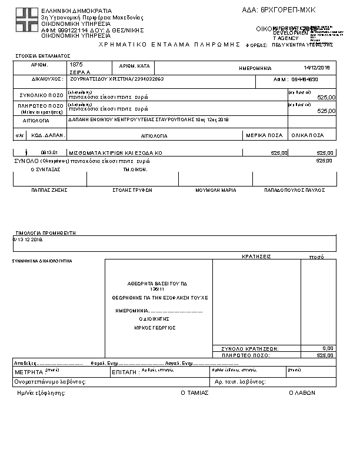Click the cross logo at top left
pos(27,21)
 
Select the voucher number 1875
pos(76,64)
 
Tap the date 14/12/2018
pos(317,68)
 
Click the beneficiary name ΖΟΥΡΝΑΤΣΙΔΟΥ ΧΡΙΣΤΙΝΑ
pos(101,78)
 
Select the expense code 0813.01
pos(49,152)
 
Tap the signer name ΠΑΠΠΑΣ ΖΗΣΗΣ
pos(49,190)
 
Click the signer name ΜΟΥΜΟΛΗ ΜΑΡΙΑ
pos(216,190)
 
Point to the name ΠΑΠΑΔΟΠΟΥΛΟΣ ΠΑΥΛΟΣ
pos(295,190)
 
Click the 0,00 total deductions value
pos(328,348)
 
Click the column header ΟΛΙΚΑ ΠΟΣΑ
pos(311,135)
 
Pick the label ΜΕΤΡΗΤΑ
pos(29,372)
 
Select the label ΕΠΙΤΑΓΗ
pos(125,372)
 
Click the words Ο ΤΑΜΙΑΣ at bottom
pos(194,392)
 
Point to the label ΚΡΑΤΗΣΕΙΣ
pos(256,257)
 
